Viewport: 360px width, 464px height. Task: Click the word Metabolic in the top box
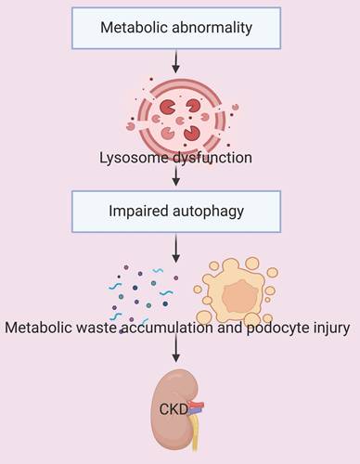[x=135, y=27]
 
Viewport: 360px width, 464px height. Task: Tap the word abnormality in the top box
[x=212, y=28]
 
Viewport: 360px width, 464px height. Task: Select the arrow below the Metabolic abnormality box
[x=176, y=61]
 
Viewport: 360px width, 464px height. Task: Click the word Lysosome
[x=134, y=158]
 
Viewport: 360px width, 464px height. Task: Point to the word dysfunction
[x=212, y=158]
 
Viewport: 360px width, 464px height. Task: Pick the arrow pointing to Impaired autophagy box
[x=176, y=176]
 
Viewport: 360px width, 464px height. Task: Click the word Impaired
[x=138, y=212]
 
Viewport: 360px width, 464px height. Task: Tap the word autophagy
[x=209, y=212]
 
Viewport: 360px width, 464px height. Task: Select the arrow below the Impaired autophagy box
[x=176, y=248]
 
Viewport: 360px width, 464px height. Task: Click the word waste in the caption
[x=96, y=328]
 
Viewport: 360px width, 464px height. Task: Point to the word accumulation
[x=167, y=328]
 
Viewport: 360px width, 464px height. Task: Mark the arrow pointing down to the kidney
[x=176, y=349]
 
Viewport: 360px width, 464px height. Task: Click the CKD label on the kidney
[x=174, y=409]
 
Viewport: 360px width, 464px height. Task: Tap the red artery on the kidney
[x=197, y=405]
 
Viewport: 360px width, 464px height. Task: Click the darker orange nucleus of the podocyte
[x=240, y=296]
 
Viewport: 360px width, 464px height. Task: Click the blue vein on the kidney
[x=195, y=410]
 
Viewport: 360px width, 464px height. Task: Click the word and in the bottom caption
[x=230, y=328]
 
